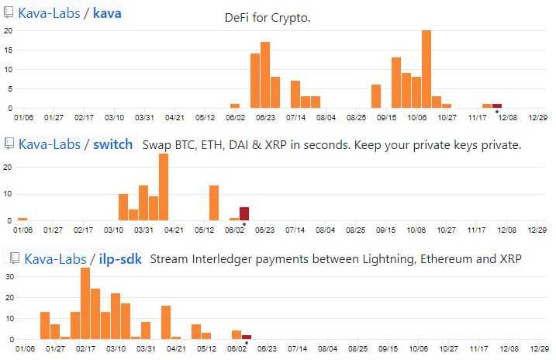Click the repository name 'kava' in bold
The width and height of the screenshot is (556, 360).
(107, 13)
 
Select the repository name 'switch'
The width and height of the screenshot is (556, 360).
(113, 144)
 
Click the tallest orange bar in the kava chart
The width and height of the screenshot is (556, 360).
(426, 69)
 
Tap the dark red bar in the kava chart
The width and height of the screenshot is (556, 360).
(497, 106)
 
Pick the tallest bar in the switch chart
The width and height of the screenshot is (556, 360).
(164, 187)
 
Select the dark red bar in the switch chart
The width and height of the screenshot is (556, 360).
(244, 213)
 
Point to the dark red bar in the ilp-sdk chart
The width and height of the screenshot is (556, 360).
(246, 337)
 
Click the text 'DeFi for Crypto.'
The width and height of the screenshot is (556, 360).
(268, 17)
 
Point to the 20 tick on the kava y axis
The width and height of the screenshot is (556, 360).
(7, 30)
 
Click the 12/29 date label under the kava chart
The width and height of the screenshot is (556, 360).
(537, 118)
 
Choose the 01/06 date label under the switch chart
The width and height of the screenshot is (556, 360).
(23, 230)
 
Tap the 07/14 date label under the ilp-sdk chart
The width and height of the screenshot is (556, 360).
(295, 350)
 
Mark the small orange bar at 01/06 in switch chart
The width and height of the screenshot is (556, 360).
(22, 219)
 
